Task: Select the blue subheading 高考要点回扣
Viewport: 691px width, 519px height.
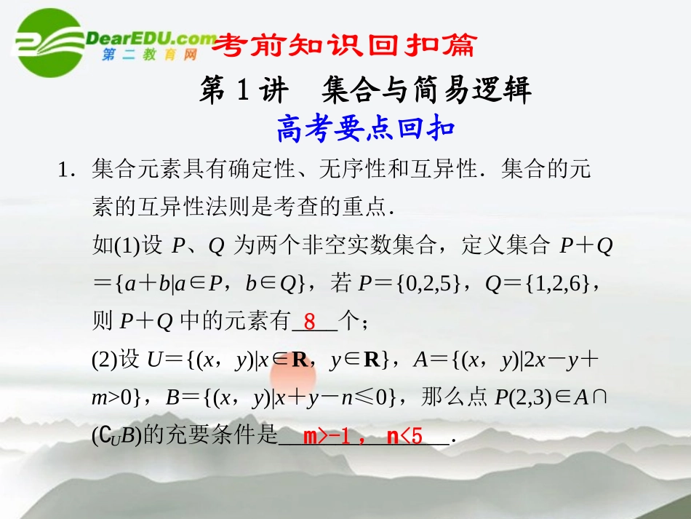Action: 365,130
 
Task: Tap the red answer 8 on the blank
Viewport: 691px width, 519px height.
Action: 309,321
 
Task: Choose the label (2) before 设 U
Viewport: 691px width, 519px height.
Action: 105,360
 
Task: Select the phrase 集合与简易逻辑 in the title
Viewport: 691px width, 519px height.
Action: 426,90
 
